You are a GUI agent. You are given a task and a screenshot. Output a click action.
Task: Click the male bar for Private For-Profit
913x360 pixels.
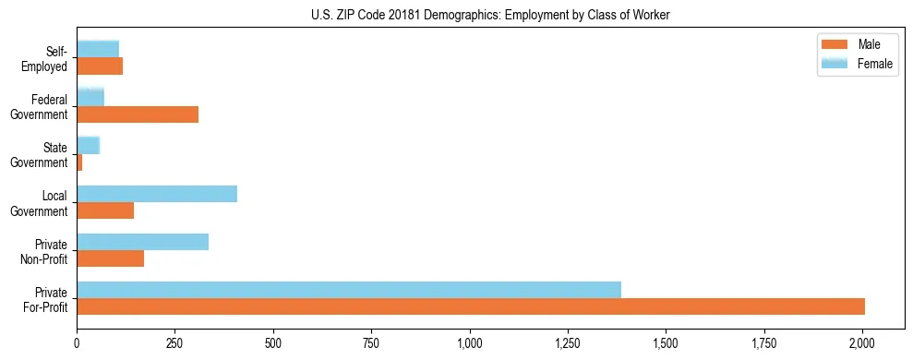pos(471,306)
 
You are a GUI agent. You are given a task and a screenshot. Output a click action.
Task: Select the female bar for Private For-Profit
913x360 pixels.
pos(349,290)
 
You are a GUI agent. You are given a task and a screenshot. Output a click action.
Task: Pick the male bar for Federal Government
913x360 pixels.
pos(138,114)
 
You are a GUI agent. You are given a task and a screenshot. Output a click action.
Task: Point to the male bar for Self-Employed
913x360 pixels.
pos(100,66)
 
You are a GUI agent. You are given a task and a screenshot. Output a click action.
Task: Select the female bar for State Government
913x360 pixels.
pos(89,146)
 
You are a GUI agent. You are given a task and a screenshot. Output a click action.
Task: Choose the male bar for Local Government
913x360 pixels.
pos(105,210)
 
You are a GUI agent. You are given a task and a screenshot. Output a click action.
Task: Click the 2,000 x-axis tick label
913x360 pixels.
pos(862,344)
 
